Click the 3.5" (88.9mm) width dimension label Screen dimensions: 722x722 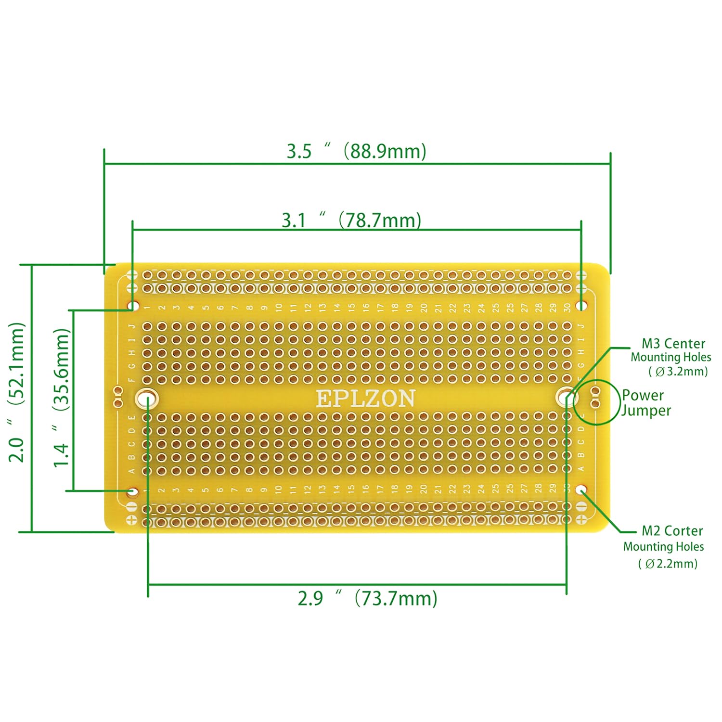pos(357,151)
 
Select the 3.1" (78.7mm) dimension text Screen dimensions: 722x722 pos(351,220)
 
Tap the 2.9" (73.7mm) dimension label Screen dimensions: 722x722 pos(367,598)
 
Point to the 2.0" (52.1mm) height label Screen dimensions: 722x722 pos(16,392)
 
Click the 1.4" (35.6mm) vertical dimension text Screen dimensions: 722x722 pos(61,397)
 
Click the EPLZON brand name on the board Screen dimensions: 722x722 pos(365,399)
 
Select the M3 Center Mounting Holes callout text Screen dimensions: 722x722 pos(671,350)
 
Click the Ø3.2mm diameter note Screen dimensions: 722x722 pos(679,372)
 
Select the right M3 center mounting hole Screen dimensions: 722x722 pos(564,398)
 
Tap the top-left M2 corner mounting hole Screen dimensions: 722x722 pos(132,306)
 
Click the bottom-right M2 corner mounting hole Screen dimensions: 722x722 pos(582,491)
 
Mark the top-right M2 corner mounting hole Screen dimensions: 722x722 pos(582,306)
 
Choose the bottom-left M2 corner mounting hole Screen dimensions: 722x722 pos(132,491)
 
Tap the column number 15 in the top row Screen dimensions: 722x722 pos(351,307)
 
